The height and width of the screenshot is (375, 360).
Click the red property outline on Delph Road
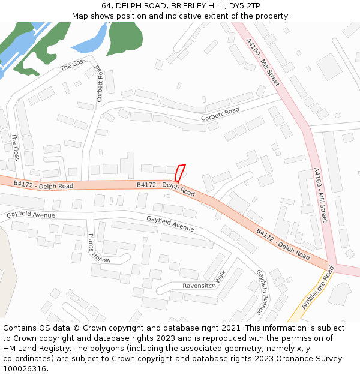click(x=179, y=173)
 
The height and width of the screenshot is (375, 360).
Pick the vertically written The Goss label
click(x=16, y=147)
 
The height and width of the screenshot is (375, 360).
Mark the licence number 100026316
click(x=25, y=369)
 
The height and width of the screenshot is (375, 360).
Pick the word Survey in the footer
click(x=326, y=359)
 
